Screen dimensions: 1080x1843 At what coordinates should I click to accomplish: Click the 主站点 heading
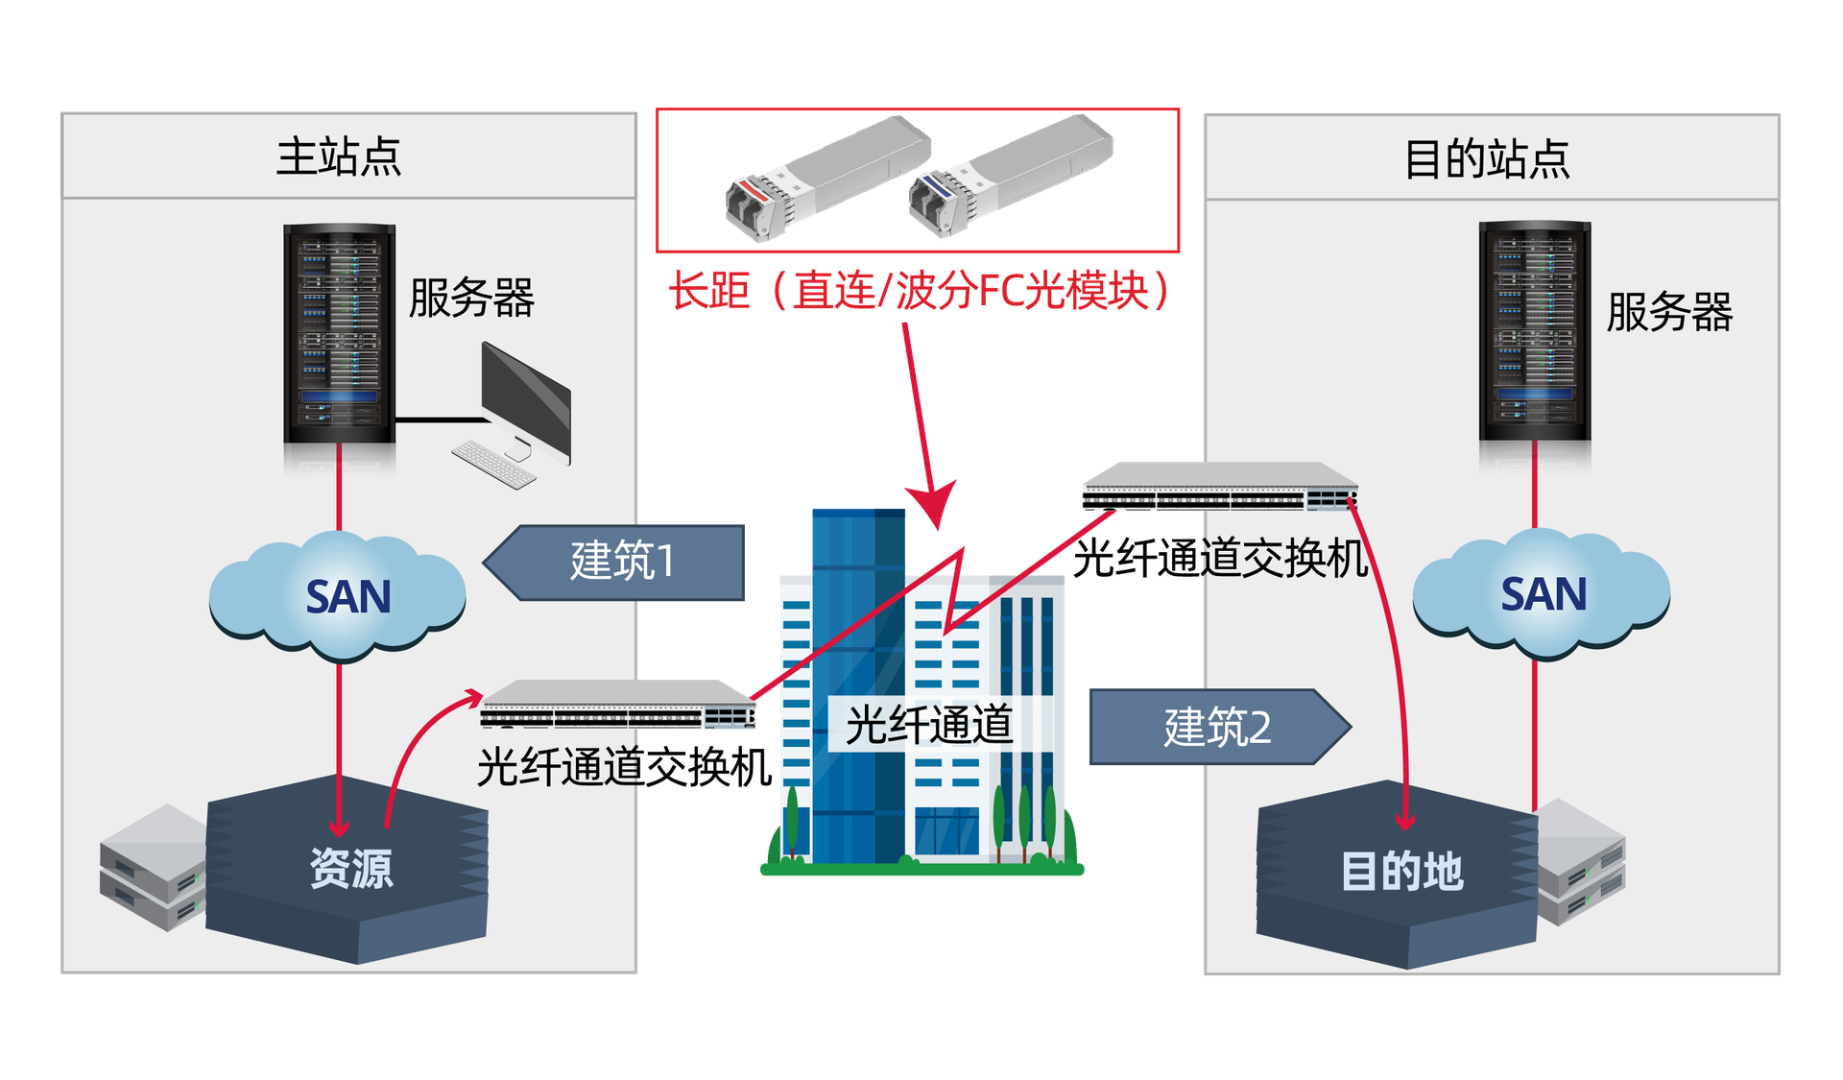click(338, 157)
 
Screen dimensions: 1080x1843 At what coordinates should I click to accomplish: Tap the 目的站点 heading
click(1486, 159)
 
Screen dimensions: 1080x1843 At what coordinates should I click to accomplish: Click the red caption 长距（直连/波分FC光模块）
click(919, 290)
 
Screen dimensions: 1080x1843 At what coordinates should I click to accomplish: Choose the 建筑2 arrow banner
click(1216, 728)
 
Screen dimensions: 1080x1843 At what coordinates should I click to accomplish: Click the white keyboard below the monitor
click(493, 464)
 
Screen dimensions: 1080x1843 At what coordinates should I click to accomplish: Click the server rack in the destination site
click(1534, 331)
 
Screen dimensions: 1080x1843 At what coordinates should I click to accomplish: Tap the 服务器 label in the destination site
click(1668, 313)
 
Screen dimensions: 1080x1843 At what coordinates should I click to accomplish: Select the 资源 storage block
click(348, 870)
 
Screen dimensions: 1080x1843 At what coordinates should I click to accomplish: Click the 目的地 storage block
click(1400, 872)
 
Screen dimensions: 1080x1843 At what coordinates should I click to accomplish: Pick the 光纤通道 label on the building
click(928, 725)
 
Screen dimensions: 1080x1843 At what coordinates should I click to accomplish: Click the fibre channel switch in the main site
click(619, 706)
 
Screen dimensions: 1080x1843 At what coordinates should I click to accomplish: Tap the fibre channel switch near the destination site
click(1219, 487)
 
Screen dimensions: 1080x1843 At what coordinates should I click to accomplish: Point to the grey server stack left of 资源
click(152, 867)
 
